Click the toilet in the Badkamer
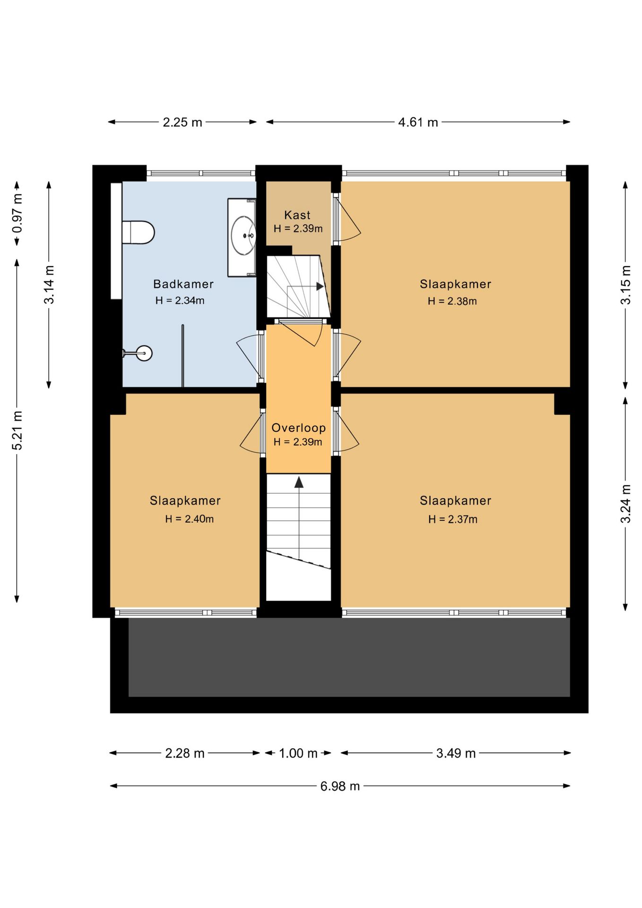(138, 232)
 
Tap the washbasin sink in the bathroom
(243, 236)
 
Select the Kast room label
(297, 215)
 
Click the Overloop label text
(299, 428)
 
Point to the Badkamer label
(183, 284)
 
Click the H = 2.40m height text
(190, 519)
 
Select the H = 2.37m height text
(453, 519)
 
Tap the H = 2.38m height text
(452, 301)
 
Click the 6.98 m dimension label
(340, 786)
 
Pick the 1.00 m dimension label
(298, 753)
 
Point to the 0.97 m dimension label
(17, 213)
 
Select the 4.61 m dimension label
(418, 122)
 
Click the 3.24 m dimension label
(625, 504)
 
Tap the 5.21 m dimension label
(17, 430)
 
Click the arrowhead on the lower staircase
(299, 482)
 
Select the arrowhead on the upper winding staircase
(320, 287)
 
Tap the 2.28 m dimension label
(184, 753)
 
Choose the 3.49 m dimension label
(456, 753)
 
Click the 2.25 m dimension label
(182, 122)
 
